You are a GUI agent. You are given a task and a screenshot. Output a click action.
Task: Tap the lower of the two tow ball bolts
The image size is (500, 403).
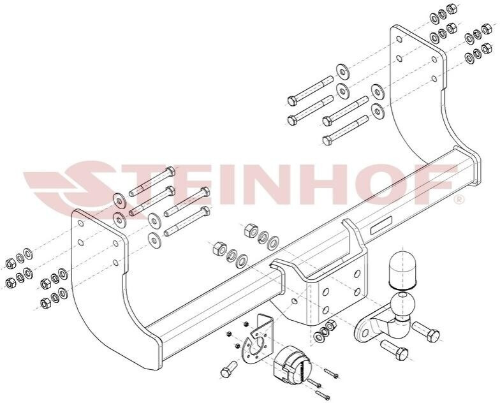point(394,349)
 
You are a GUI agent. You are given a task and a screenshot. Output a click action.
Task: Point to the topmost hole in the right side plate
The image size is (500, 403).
point(399,39)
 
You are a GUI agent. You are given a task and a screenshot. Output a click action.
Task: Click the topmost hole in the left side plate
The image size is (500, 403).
point(80,223)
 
